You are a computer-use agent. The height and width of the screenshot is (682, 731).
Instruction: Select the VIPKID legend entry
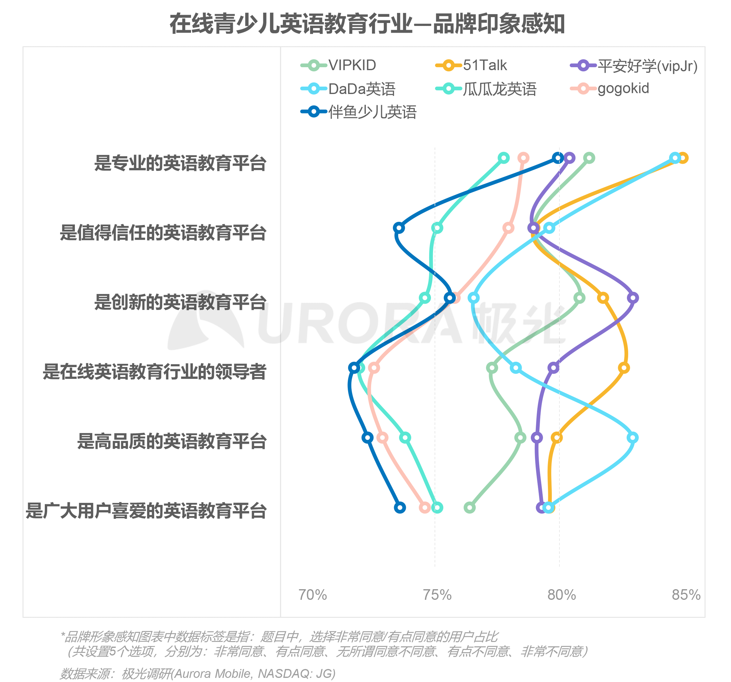tap(338, 65)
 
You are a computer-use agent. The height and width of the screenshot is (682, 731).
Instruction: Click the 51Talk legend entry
tap(471, 65)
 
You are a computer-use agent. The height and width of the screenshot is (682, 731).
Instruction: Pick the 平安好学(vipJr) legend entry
tap(634, 66)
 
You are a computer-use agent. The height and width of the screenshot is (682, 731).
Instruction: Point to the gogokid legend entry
tap(610, 89)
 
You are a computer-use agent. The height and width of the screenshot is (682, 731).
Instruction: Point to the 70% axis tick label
tap(313, 595)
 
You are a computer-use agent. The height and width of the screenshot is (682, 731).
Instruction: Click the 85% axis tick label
tap(686, 595)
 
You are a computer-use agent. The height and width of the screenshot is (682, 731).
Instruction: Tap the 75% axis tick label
tap(437, 595)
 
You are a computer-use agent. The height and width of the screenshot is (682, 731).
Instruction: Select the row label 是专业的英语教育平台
tap(180, 163)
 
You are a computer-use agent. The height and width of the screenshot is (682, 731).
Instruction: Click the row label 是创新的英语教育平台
tap(180, 302)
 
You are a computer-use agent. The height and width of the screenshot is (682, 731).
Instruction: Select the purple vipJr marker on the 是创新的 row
tap(633, 298)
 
